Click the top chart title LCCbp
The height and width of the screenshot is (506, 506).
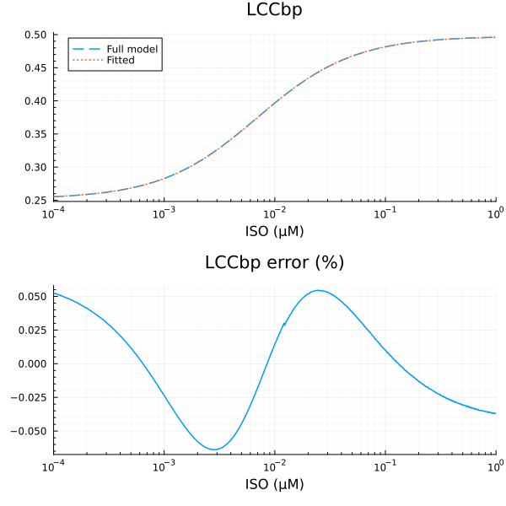274,11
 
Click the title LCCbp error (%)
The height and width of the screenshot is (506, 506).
274,262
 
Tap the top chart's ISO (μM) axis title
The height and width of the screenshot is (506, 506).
274,230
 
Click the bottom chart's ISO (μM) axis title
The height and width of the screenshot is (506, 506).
274,484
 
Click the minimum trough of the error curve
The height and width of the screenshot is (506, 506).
217,449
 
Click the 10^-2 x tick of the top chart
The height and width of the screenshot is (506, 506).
275,211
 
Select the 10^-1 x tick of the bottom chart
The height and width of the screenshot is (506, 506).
385,465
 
